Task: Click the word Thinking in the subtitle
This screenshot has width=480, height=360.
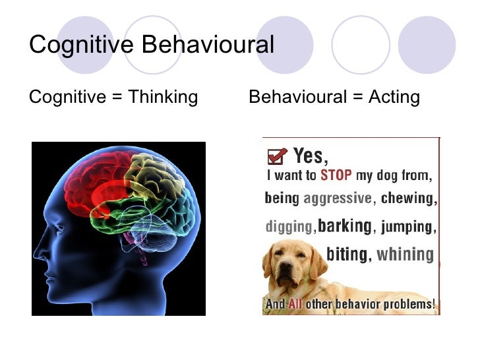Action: pos(163,97)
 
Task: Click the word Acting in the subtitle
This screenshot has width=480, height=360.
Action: pos(394,97)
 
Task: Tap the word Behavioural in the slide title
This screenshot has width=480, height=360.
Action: pos(208,45)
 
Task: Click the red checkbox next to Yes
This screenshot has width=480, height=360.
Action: pos(277,156)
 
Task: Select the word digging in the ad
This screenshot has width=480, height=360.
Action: pos(288,227)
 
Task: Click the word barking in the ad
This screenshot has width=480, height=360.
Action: pos(344,226)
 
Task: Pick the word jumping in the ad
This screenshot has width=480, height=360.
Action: pos(407,227)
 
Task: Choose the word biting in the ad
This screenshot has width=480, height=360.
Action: pos(347,255)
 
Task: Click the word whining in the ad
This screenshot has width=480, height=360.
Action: pos(404,255)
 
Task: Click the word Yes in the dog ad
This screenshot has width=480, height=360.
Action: pos(310,156)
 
